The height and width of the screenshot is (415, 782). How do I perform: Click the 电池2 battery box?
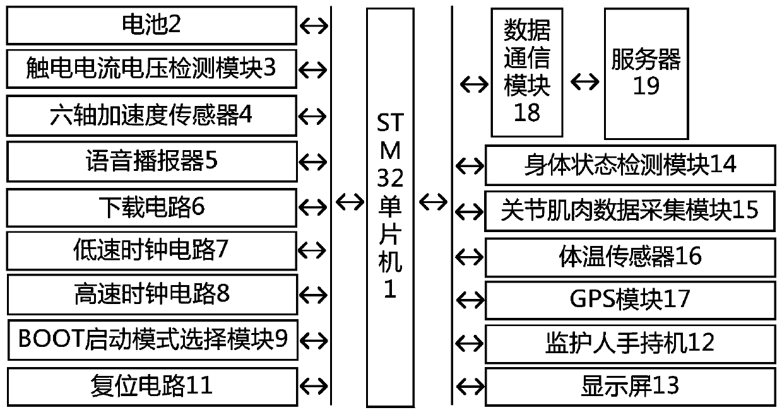pos(151,25)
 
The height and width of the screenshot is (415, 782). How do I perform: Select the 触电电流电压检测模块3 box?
pos(151,69)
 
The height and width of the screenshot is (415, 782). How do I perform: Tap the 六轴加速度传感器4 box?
pos(151,115)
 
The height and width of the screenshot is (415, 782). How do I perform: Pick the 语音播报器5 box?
pos(151,161)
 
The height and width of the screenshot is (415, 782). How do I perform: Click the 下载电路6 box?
pos(151,207)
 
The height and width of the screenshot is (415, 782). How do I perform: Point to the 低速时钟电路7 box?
pos(151,251)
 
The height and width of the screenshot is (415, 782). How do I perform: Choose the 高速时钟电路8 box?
pos(151,295)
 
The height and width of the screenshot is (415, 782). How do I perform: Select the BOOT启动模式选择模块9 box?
pos(151,340)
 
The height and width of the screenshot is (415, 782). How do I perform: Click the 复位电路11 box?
pos(151,384)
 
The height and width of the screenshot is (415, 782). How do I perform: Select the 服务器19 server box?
pos(646,73)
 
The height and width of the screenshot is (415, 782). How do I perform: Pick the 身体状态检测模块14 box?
pos(629,165)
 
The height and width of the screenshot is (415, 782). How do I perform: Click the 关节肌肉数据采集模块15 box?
pos(629,211)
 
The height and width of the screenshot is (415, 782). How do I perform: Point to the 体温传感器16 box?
pos(629,257)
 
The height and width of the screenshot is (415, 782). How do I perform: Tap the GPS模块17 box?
pos(629,299)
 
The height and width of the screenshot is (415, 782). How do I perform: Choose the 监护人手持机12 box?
pos(629,343)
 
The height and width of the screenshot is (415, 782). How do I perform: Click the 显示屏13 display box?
pos(629,385)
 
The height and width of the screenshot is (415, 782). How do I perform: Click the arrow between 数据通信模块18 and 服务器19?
pos(584,82)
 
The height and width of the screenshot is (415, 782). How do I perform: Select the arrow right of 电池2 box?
pos(313,25)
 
